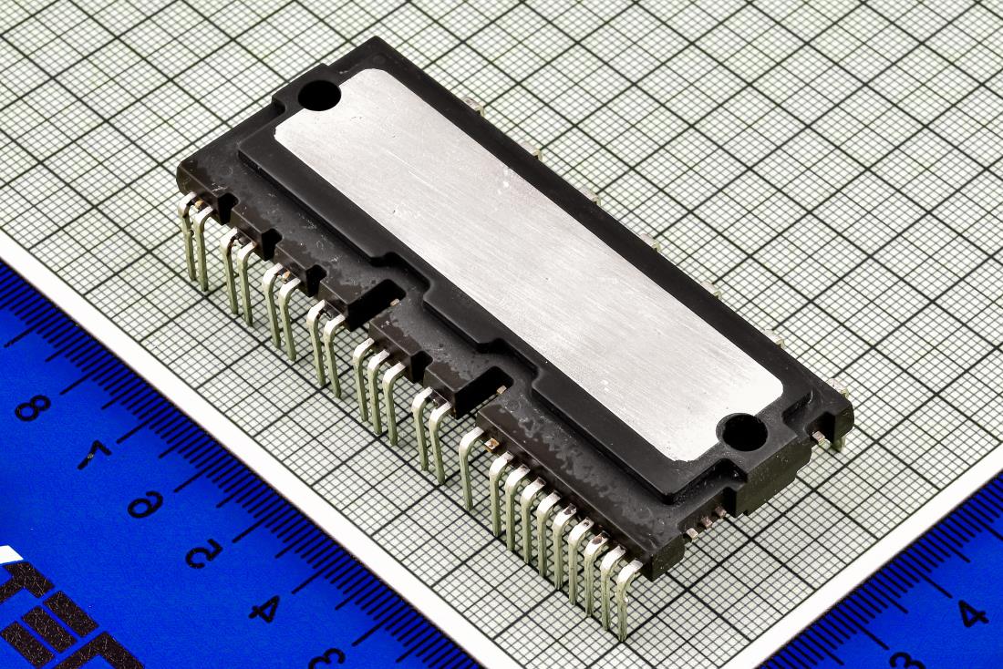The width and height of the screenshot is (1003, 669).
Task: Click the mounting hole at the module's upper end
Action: [319, 95]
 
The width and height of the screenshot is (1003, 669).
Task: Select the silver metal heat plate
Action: [528, 263]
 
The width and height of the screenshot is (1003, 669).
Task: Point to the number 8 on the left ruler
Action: [33, 407]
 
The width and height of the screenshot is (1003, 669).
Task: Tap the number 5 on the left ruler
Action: [204, 552]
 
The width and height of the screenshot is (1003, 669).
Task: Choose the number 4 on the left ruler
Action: [265, 608]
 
